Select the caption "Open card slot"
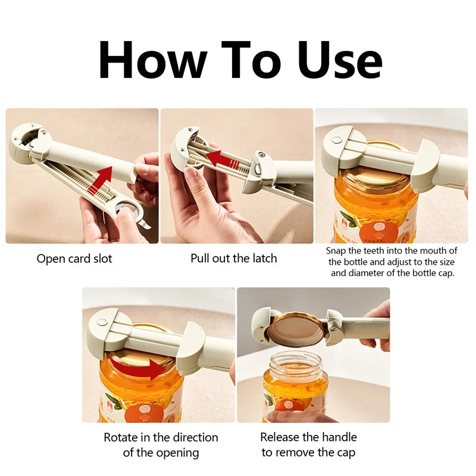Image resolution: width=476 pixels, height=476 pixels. (74, 259)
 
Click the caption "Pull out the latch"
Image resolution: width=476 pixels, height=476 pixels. (234, 259)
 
